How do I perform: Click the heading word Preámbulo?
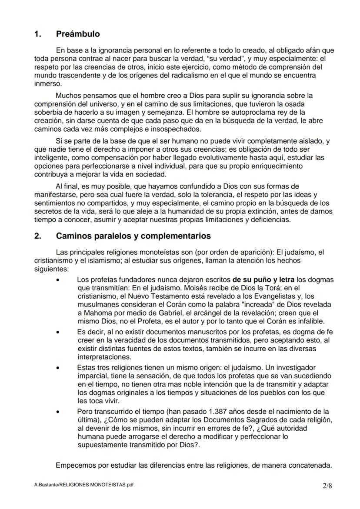click(x=78, y=34)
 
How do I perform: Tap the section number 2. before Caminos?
click(x=38, y=236)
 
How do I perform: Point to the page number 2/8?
click(x=327, y=486)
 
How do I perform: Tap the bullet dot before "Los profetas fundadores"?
click(x=58, y=280)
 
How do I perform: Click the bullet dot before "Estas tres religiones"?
click(x=58, y=368)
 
